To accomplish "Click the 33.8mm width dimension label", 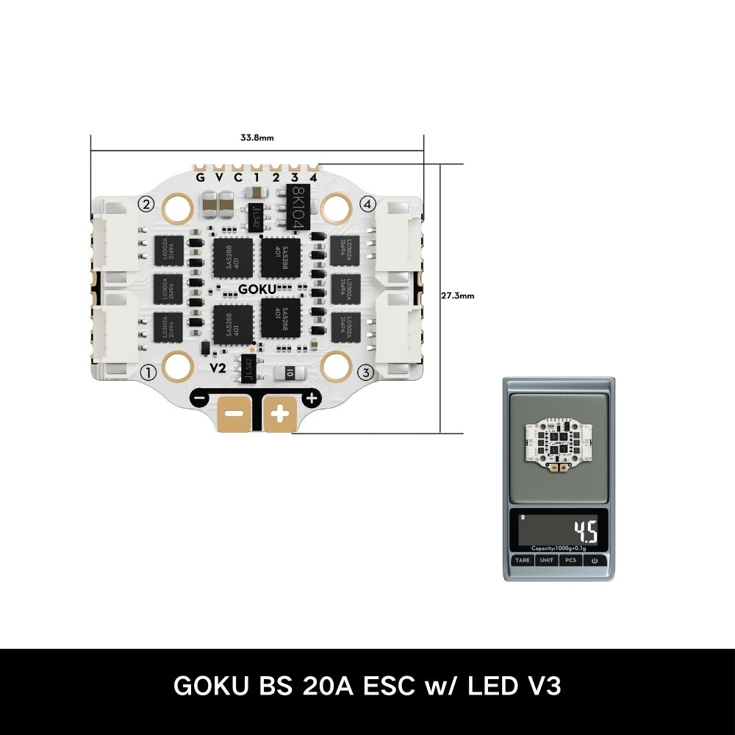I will coord(257,137).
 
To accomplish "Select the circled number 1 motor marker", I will coord(148,373).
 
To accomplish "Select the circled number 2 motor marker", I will coord(147,204).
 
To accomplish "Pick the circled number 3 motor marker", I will coord(368,372).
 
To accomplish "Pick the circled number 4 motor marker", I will coord(368,203).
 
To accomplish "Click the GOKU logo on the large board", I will coord(258,289).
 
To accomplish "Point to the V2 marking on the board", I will coord(218,367).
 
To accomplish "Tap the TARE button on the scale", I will coord(523,560).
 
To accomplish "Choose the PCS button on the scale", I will coord(570,560).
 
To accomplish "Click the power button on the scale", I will coord(594,560).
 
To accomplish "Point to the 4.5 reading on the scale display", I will coord(585,529).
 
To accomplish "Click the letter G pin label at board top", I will coord(200,177).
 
